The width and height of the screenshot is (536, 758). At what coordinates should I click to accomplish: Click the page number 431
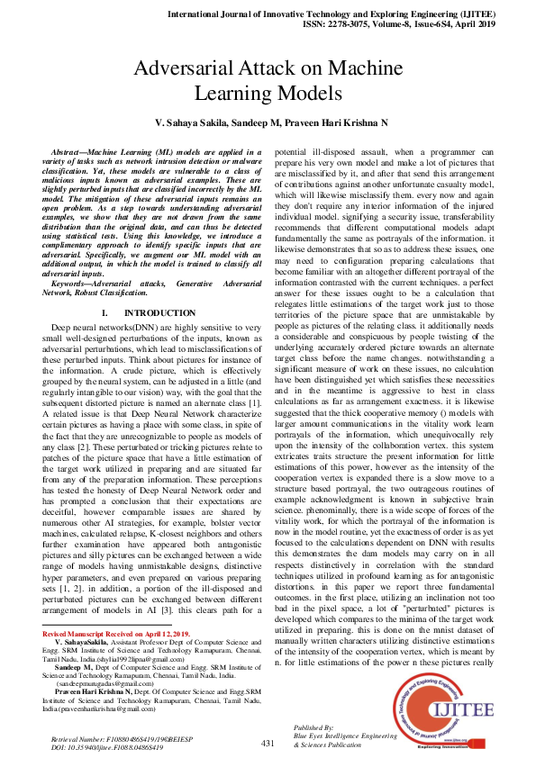268,743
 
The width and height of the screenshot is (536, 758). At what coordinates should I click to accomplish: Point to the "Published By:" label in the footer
314,726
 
